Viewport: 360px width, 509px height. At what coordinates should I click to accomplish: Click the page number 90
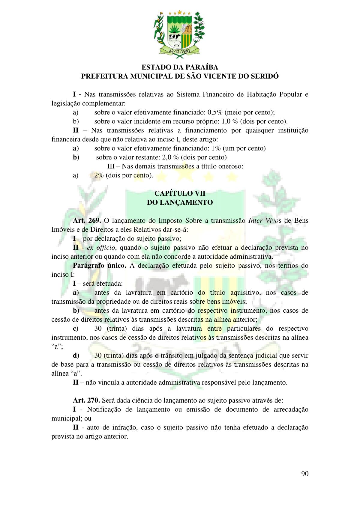(x=304, y=474)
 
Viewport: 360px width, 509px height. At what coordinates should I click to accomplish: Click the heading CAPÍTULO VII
(x=180, y=193)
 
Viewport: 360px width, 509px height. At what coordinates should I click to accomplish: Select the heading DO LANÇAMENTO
(x=180, y=202)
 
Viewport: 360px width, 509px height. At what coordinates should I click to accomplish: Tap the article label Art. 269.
(x=87, y=220)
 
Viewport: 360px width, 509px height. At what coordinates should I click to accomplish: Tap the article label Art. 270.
(x=86, y=400)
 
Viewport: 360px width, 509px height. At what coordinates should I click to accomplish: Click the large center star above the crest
(x=180, y=12)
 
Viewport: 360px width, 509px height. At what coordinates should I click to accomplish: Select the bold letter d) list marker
(x=76, y=356)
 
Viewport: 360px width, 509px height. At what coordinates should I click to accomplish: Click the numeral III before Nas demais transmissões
(x=111, y=166)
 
